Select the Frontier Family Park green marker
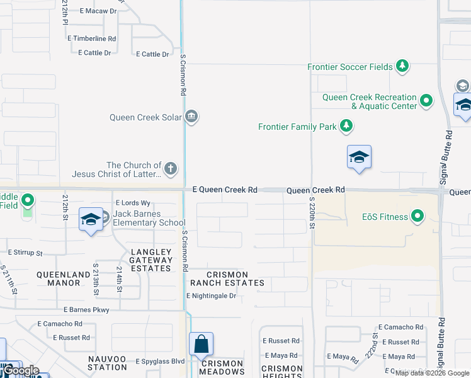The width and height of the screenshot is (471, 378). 346,127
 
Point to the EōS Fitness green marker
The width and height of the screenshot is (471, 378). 417,217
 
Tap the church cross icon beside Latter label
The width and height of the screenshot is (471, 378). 170,169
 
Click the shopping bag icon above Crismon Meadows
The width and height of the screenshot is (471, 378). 201,345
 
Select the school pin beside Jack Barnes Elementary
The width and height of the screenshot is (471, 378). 91,220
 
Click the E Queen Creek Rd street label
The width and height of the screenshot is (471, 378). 225,189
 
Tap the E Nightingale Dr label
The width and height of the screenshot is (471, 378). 211,295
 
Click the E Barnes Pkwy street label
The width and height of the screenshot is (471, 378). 86,310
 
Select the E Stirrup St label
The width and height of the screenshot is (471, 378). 25,253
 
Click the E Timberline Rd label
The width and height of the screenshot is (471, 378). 92,38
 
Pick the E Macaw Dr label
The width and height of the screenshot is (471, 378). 98,11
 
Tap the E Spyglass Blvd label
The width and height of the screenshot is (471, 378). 160,361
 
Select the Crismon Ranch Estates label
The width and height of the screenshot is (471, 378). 227,278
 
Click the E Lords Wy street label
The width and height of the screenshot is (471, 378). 133,203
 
